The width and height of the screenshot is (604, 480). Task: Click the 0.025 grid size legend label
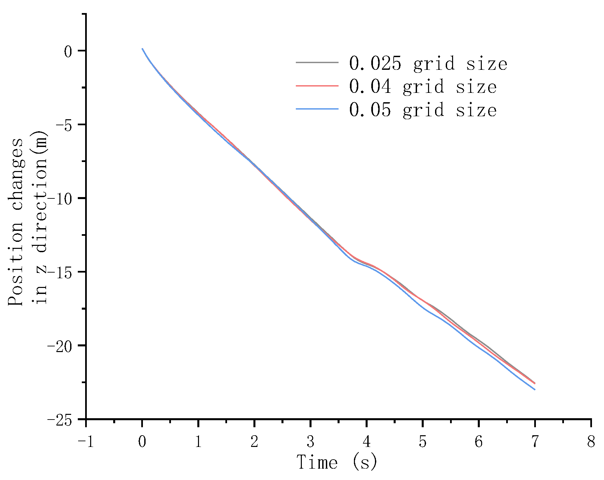point(428,63)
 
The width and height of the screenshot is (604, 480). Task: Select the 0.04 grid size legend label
point(423,87)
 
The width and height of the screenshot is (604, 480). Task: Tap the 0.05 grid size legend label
point(423,110)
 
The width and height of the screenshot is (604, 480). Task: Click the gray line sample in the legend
point(317,62)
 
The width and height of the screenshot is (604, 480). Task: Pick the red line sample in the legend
point(317,86)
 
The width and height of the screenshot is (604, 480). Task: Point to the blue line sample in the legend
point(317,109)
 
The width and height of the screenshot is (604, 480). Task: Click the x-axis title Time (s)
point(337,463)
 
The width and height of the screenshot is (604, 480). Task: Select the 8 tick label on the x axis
point(591,442)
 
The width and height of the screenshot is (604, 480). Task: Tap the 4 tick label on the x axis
point(367,442)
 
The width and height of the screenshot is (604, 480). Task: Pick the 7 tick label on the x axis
point(535,442)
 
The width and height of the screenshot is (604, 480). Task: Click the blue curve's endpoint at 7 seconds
point(535,389)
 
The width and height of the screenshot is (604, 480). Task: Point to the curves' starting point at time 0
point(142,49)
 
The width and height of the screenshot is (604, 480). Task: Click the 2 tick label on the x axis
point(254,442)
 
